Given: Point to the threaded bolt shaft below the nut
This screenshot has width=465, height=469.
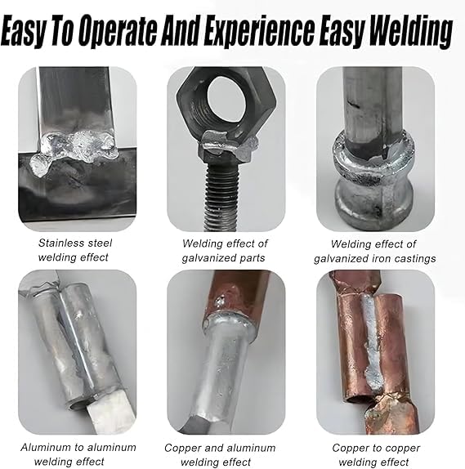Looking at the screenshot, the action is (x=221, y=194).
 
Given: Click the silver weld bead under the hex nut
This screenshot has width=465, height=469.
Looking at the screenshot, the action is (x=227, y=144).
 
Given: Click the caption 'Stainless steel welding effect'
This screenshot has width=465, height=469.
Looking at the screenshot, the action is (x=74, y=250).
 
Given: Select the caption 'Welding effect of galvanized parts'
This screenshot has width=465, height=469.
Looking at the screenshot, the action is (x=225, y=251).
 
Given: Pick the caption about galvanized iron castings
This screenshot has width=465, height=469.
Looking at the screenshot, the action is (x=374, y=252).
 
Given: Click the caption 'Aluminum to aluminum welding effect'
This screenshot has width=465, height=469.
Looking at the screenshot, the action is (x=78, y=454).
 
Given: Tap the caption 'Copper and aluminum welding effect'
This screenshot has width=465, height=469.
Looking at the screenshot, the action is (x=220, y=454).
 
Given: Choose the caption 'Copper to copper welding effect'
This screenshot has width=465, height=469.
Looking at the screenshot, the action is (x=376, y=454).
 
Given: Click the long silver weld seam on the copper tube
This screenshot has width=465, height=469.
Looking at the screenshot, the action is (x=371, y=344).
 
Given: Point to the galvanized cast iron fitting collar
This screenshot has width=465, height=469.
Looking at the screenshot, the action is (x=374, y=176).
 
